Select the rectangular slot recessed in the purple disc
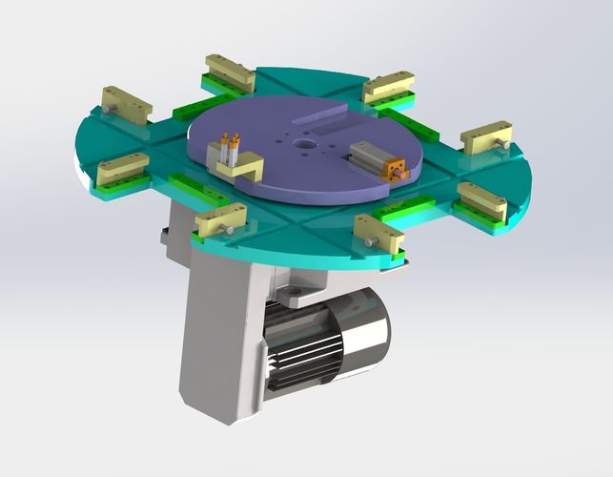pyautogui.click(x=321, y=118)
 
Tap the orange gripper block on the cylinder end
pyautogui.click(x=395, y=171)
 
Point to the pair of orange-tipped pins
pyautogui.click(x=230, y=146)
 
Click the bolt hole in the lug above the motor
pyautogui.click(x=296, y=287)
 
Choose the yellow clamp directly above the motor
pyautogui.click(x=378, y=232)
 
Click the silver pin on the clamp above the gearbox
pyautogui.click(x=228, y=231)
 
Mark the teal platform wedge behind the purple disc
pyautogui.click(x=305, y=81)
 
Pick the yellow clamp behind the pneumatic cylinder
pyautogui.click(x=388, y=88)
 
